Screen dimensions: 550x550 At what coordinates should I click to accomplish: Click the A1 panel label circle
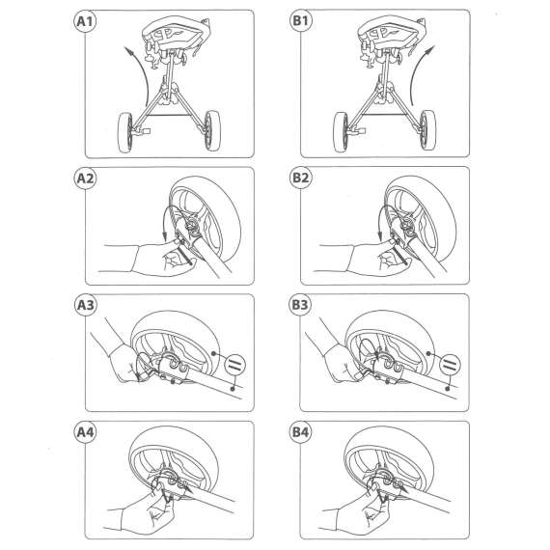85,21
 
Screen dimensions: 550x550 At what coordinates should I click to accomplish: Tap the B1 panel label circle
300,20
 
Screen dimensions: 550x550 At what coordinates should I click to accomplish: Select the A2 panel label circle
85,179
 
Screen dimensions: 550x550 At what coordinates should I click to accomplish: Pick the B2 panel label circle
300,178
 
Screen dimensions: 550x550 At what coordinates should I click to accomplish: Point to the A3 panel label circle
85,305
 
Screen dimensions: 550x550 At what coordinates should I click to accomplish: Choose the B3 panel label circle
300,305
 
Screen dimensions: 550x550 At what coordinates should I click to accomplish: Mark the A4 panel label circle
85,432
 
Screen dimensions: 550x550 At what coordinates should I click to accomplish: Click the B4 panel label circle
300,432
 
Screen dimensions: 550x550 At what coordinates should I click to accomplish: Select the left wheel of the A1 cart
125,132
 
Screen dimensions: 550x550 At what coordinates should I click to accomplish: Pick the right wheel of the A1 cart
212,130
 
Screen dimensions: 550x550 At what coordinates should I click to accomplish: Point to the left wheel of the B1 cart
341,132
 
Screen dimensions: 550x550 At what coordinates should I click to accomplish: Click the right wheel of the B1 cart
427,130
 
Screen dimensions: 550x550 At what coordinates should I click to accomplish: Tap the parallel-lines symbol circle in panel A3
234,364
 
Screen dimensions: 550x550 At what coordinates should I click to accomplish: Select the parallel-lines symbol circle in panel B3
450,364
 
